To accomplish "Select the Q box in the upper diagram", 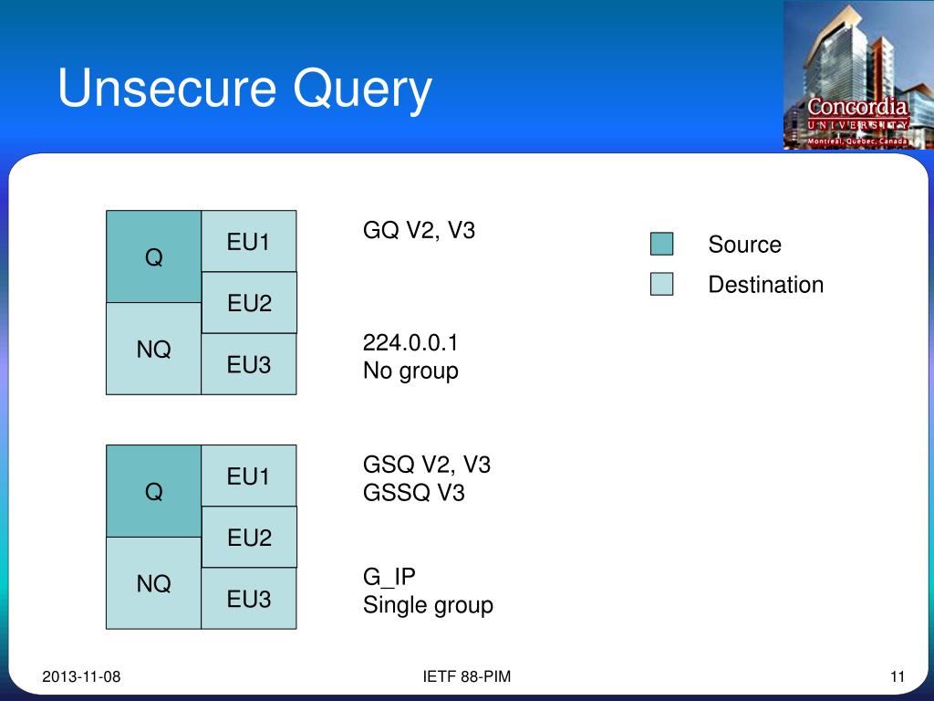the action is [x=153, y=257].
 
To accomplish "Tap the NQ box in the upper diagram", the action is [x=153, y=349].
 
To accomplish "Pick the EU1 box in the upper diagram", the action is [x=249, y=242].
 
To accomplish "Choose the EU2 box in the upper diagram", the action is [x=249, y=303].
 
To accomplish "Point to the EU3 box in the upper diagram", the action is [x=249, y=364].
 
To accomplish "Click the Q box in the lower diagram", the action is [x=153, y=492].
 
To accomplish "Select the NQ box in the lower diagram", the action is [x=153, y=583].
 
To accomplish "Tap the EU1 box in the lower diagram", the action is [x=249, y=476].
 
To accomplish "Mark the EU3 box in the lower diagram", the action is [x=249, y=599].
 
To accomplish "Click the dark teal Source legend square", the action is [x=661, y=244].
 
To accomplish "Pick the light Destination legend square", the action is [x=661, y=284].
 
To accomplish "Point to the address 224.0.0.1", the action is [x=410, y=343].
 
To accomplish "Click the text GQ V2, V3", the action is [x=419, y=230].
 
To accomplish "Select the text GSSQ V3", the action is [x=413, y=493].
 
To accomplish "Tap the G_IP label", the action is [x=389, y=577].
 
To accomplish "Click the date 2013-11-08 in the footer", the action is [x=81, y=676].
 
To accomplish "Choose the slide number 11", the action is [x=897, y=676].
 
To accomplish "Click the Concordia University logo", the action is [x=857, y=76].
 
